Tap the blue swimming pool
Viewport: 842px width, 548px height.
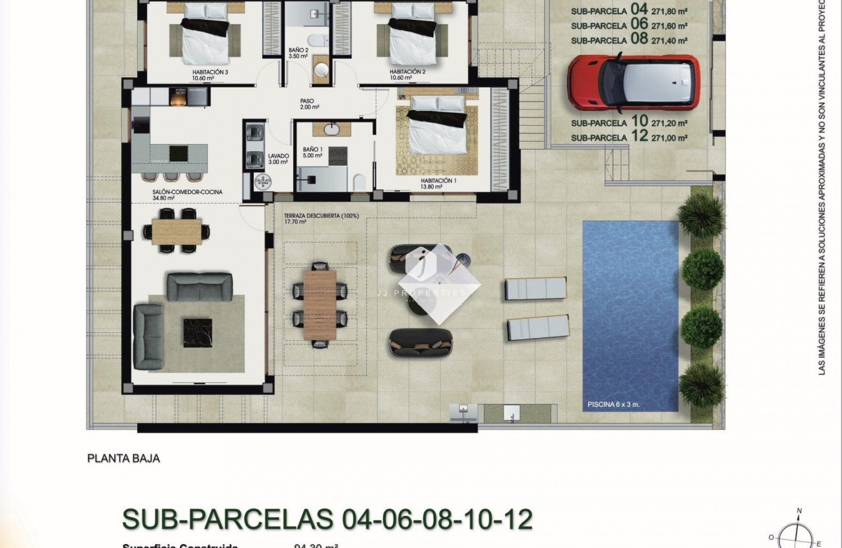[630, 306]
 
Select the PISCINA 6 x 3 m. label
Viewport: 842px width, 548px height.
[614, 404]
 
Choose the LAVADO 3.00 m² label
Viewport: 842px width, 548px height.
[278, 159]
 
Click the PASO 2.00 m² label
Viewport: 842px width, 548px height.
[309, 104]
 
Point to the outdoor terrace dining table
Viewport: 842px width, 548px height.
[320, 304]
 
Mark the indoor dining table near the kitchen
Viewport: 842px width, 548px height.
[177, 230]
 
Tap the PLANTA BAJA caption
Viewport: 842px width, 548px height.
[123, 458]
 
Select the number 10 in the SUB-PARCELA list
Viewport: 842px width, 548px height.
[639, 121]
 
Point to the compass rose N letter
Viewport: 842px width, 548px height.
[799, 511]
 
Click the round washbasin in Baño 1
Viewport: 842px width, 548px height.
[332, 130]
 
